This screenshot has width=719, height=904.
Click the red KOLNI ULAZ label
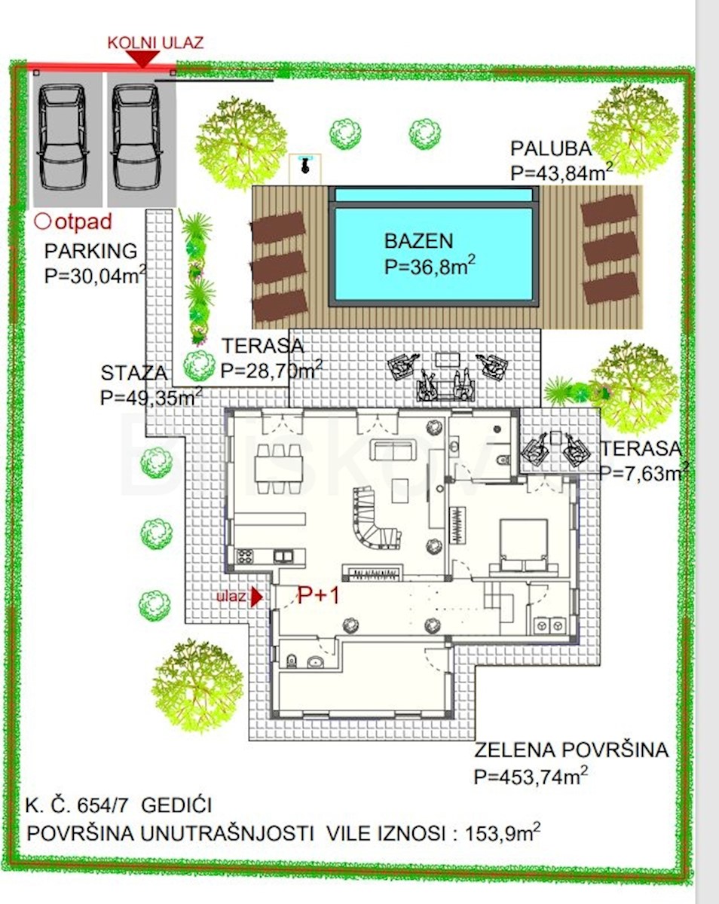[x=155, y=43]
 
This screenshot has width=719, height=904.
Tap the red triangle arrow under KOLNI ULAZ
[x=143, y=59]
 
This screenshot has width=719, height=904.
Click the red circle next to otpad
[x=42, y=221]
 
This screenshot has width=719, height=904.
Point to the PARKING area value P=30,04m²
[x=95, y=275]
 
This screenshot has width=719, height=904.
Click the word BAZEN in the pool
[x=418, y=241]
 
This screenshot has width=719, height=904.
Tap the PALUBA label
[x=551, y=148]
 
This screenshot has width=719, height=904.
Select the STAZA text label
[x=133, y=373]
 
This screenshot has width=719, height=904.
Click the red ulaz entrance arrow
[x=257, y=597]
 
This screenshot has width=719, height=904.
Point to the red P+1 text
[x=319, y=595]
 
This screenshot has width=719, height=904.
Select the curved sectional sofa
[x=375, y=517]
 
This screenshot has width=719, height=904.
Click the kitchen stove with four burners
[x=245, y=556]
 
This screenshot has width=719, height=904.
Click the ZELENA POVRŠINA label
[x=571, y=750]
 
